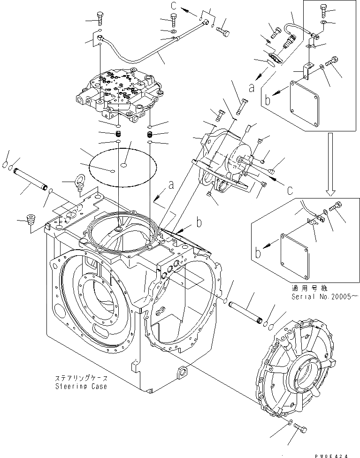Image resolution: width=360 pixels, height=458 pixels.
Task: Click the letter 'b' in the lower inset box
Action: coord(258,253)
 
